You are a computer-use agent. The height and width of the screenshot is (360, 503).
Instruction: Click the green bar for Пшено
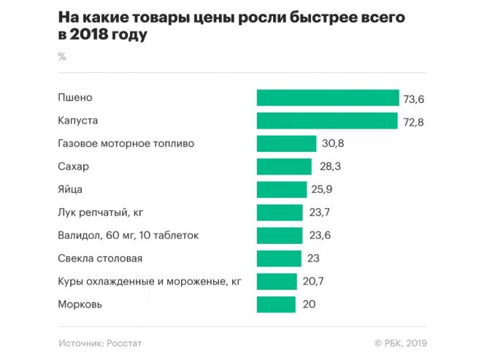click(x=328, y=98)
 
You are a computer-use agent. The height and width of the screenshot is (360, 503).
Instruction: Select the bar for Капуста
click(x=327, y=120)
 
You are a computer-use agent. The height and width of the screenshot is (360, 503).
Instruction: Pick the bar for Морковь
click(x=276, y=304)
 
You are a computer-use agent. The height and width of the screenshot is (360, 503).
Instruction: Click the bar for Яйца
click(x=282, y=189)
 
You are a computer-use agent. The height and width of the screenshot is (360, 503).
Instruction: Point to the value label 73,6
click(x=412, y=98)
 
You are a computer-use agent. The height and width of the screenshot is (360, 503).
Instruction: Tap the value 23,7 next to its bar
click(x=318, y=212)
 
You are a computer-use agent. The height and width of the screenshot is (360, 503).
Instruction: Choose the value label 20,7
click(x=312, y=281)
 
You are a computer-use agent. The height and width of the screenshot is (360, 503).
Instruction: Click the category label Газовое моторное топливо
click(x=126, y=144)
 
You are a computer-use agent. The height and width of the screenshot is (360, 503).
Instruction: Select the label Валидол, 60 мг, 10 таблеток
click(x=128, y=235)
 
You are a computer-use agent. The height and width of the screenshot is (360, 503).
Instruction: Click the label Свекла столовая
click(x=99, y=258)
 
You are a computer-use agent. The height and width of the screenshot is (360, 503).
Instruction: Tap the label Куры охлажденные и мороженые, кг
click(x=149, y=281)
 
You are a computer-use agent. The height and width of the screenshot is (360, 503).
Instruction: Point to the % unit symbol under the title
click(x=61, y=57)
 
